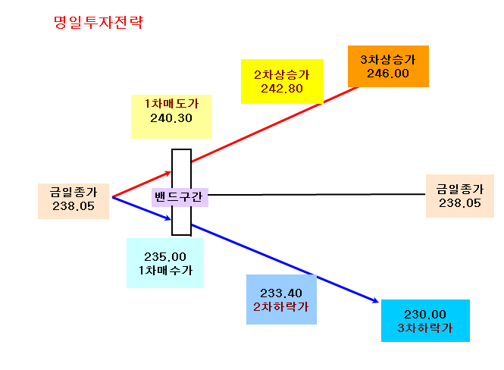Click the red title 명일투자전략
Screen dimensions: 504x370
click(99, 23)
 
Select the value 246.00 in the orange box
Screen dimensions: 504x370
click(388, 74)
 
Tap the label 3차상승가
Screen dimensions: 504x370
click(388, 59)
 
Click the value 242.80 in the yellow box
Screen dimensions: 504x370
click(282, 89)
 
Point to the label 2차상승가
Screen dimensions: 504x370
click(282, 75)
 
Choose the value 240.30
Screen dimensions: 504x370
click(171, 118)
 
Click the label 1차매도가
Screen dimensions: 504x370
click(171, 104)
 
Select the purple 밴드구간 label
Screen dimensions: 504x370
click(179, 196)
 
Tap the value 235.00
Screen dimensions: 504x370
click(165, 257)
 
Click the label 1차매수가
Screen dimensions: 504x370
click(165, 271)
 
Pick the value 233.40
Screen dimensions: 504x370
click(281, 293)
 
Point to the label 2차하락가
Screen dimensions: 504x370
click(281, 306)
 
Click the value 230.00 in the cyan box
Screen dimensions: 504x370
click(425, 314)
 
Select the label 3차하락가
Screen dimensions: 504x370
click(425, 328)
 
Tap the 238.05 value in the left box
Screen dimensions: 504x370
click(74, 206)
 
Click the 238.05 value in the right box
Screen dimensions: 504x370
click(460, 203)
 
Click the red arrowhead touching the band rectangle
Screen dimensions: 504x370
click(167, 174)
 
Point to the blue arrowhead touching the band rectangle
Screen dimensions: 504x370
click(167, 218)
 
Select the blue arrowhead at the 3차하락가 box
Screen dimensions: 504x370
click(375, 300)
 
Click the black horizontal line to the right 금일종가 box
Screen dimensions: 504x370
click(317, 195)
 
